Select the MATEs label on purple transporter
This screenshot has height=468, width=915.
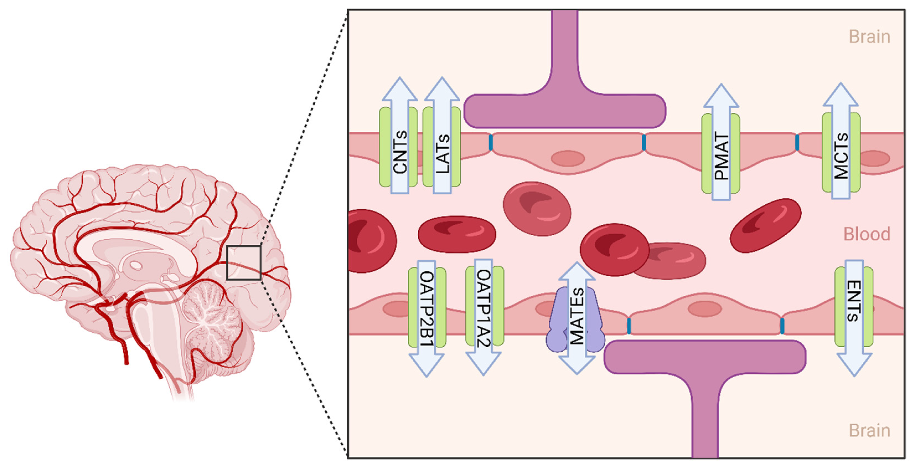point(576,317)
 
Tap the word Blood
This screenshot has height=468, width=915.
point(867,234)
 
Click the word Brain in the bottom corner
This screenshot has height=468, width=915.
point(869,431)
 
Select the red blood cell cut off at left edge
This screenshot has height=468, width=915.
point(369,241)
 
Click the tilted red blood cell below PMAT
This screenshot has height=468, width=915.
point(766,226)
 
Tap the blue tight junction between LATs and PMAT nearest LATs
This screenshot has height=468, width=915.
point(491,143)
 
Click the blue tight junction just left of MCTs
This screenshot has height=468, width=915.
point(797,143)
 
